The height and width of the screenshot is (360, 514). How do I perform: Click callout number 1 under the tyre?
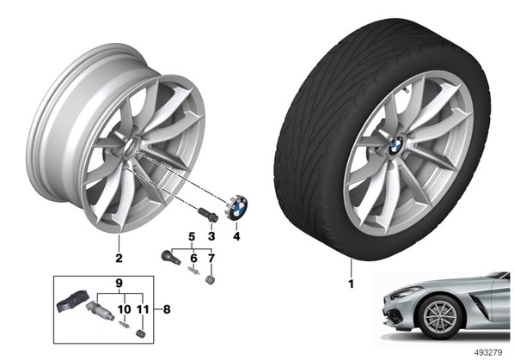pyautogui.click(x=351, y=284)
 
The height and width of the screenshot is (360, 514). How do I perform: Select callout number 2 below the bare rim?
pyautogui.click(x=119, y=258)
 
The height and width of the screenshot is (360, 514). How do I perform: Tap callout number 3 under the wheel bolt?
pyautogui.click(x=211, y=236)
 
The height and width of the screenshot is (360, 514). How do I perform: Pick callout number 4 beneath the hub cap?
pyautogui.click(x=236, y=236)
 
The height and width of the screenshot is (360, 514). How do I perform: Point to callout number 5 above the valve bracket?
pyautogui.click(x=192, y=236)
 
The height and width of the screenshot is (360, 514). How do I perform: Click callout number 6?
pyautogui.click(x=193, y=258)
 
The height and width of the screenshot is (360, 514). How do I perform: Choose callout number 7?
pyautogui.click(x=211, y=258)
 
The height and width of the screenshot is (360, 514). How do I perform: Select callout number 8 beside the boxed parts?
pyautogui.click(x=167, y=309)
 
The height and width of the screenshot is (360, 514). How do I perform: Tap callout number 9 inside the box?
pyautogui.click(x=119, y=283)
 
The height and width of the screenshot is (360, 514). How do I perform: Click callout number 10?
pyautogui.click(x=125, y=309)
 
